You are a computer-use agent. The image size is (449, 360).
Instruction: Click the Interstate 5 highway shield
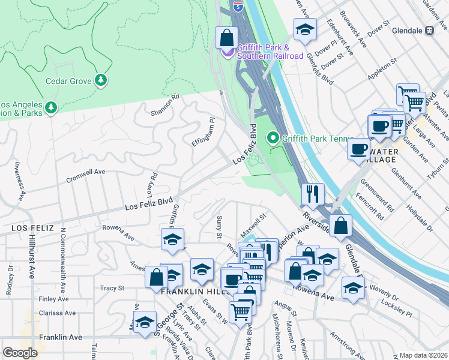(x=238, y=7)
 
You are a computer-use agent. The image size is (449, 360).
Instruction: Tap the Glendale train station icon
(x=430, y=30)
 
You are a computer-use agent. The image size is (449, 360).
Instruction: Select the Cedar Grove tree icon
(x=101, y=80)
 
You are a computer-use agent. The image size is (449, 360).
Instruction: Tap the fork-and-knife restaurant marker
(x=312, y=193)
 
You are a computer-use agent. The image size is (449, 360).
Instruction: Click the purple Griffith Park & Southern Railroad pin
(x=228, y=52)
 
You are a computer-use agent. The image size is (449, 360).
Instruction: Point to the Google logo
(x=20, y=353)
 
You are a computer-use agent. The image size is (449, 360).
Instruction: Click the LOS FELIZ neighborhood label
(x=32, y=229)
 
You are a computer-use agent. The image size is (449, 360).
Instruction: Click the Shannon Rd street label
(x=165, y=105)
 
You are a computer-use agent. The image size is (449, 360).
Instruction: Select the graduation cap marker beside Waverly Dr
(x=353, y=287)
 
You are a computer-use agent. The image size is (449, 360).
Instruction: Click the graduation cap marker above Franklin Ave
(x=145, y=322)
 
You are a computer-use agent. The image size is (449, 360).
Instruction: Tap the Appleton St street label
(x=382, y=67)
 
